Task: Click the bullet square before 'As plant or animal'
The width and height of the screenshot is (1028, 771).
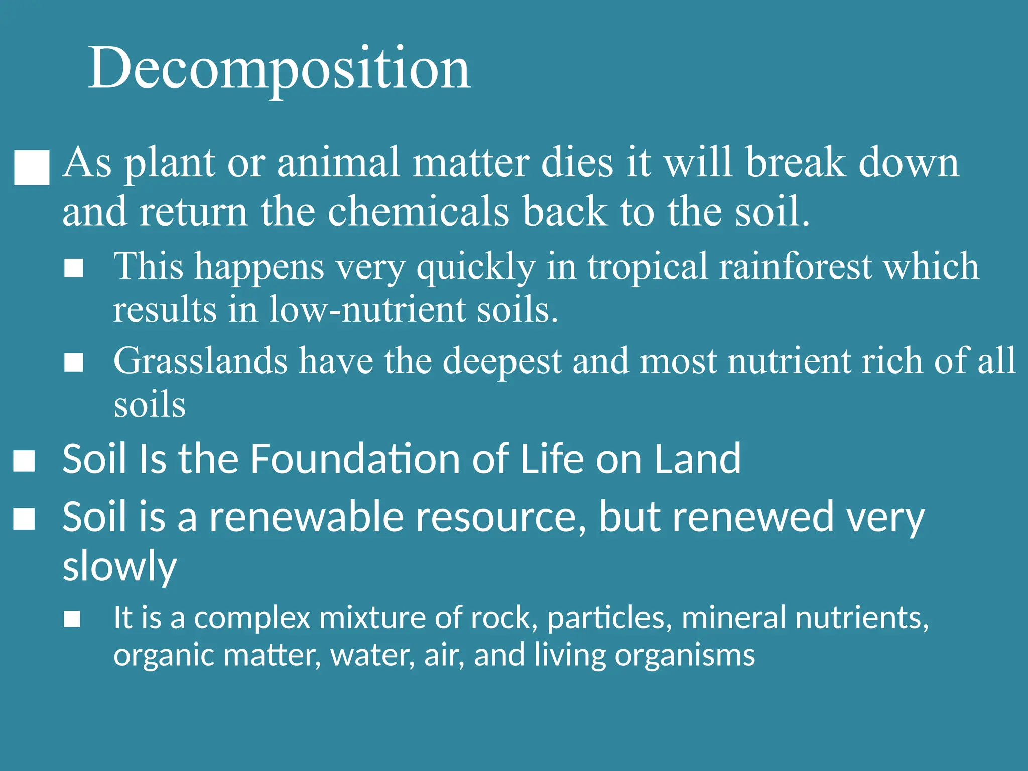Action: pos(32,168)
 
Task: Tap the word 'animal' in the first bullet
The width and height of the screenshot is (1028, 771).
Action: pos(338,163)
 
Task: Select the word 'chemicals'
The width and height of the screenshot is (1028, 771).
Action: pos(418,212)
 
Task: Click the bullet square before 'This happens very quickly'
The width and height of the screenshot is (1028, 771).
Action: pos(74,268)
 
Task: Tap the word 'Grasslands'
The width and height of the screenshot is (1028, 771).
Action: pos(200,361)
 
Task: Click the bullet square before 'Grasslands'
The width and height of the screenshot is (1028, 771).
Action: pos(74,362)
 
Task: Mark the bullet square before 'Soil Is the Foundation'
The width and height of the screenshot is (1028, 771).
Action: pos(24,461)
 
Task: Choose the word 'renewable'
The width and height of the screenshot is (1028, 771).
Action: pos(306,517)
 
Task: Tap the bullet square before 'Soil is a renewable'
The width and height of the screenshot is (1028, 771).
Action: pos(24,519)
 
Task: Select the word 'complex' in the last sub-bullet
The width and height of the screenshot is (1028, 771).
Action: pos(252,618)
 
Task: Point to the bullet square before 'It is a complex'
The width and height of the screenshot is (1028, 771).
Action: pos(72,619)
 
